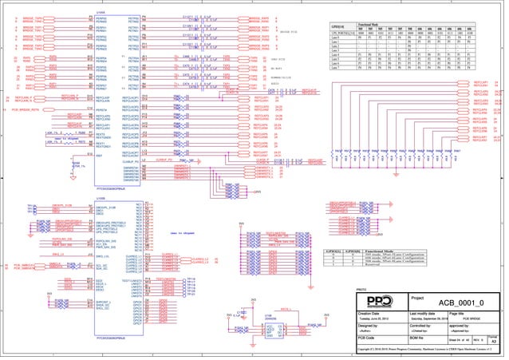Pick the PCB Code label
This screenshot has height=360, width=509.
[366, 338]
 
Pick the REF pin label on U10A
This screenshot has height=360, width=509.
[98, 156]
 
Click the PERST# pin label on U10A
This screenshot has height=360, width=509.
[101, 109]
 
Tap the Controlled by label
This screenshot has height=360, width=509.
[422, 326]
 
